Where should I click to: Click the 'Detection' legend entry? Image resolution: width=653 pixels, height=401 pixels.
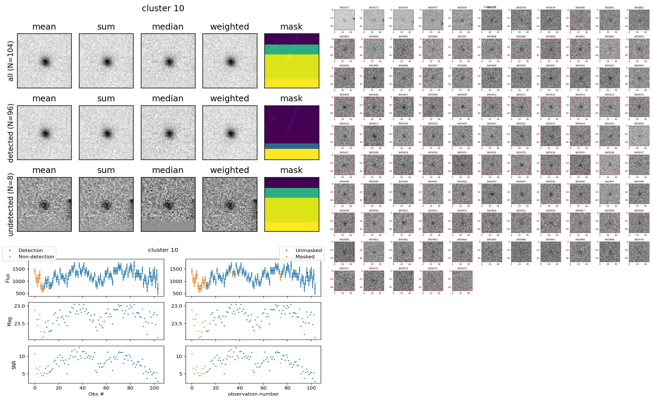pyautogui.click(x=31, y=250)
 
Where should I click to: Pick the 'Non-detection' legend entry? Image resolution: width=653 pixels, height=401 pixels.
pyautogui.click(x=36, y=257)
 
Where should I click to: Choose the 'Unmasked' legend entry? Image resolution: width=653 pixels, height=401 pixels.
pyautogui.click(x=308, y=250)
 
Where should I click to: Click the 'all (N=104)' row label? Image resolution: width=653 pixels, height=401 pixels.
pyautogui.click(x=11, y=61)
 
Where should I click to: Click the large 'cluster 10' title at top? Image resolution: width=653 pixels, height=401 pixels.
pyautogui.click(x=163, y=8)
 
